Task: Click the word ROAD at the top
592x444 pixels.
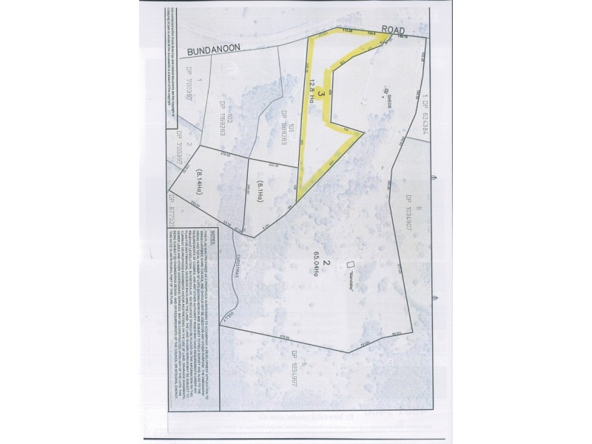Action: click(398, 30)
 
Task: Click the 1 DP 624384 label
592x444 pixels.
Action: click(427, 118)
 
